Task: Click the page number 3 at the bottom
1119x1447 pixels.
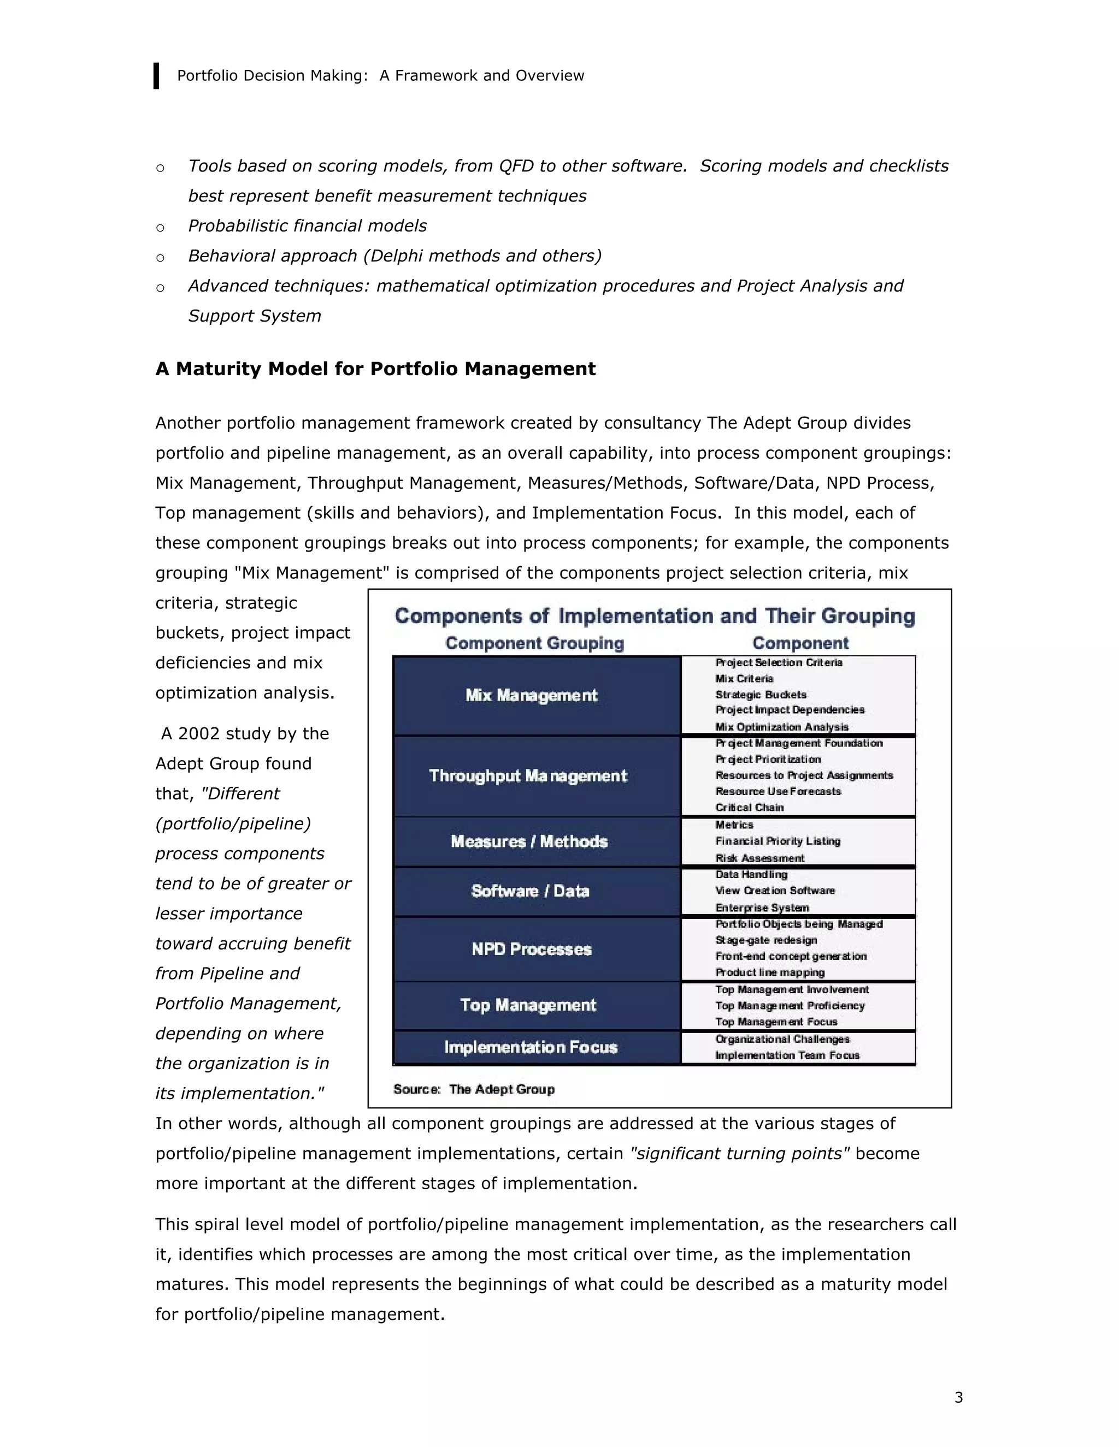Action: coord(958,1397)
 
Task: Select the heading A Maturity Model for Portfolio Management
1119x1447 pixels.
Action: coord(375,369)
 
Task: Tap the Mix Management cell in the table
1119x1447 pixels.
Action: coord(531,695)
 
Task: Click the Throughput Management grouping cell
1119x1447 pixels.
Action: coord(528,776)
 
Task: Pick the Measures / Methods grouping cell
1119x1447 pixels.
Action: coord(529,841)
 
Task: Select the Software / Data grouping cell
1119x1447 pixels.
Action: coord(531,891)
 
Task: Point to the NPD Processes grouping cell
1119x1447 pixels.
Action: coord(531,950)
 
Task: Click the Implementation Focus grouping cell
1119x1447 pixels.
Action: coord(531,1047)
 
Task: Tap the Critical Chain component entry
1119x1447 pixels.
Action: coord(749,808)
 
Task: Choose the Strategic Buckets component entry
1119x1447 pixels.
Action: coord(761,695)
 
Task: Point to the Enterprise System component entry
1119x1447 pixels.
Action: coord(762,908)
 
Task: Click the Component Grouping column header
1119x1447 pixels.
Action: coord(534,643)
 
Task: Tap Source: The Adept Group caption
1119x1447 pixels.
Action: coord(473,1089)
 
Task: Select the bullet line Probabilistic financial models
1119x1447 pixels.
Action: coord(307,226)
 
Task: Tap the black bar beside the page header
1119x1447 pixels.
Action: coord(156,75)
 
